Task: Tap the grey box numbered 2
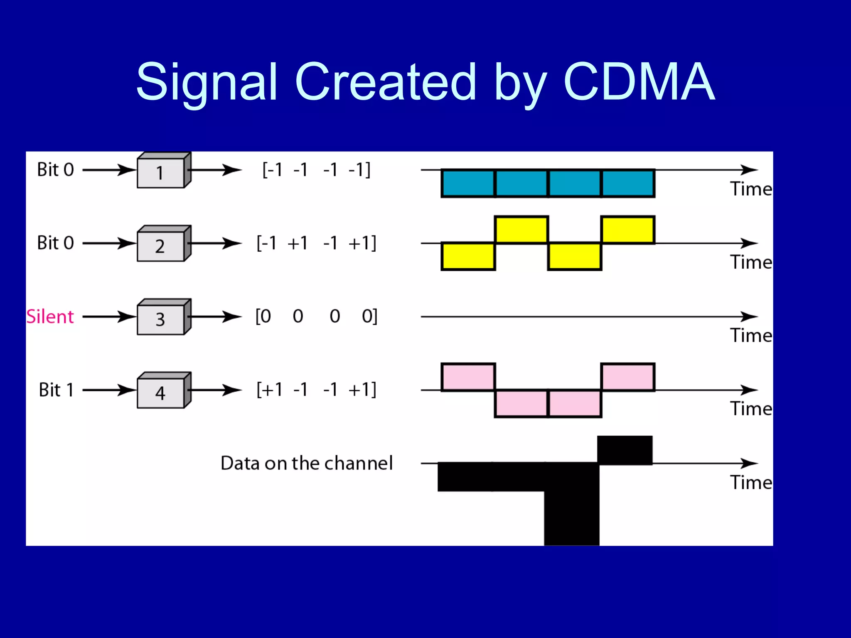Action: click(x=161, y=246)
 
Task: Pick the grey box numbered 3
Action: click(x=161, y=319)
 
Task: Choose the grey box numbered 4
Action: click(x=161, y=393)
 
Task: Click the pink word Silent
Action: click(x=50, y=317)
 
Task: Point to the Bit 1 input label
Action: click(x=56, y=390)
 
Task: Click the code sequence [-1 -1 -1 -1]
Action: click(x=316, y=170)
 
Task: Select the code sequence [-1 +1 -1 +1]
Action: click(x=316, y=243)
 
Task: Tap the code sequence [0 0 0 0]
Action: click(x=316, y=317)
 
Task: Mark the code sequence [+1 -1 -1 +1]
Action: click(x=316, y=390)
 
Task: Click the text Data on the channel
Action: click(x=306, y=463)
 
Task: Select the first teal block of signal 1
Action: click(x=468, y=183)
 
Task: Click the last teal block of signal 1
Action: click(x=628, y=183)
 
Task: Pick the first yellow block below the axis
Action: click(x=468, y=256)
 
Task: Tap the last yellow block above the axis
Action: click(x=628, y=230)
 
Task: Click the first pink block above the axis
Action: click(x=468, y=377)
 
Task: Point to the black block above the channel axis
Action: click(x=625, y=450)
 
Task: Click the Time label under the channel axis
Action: click(x=751, y=483)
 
